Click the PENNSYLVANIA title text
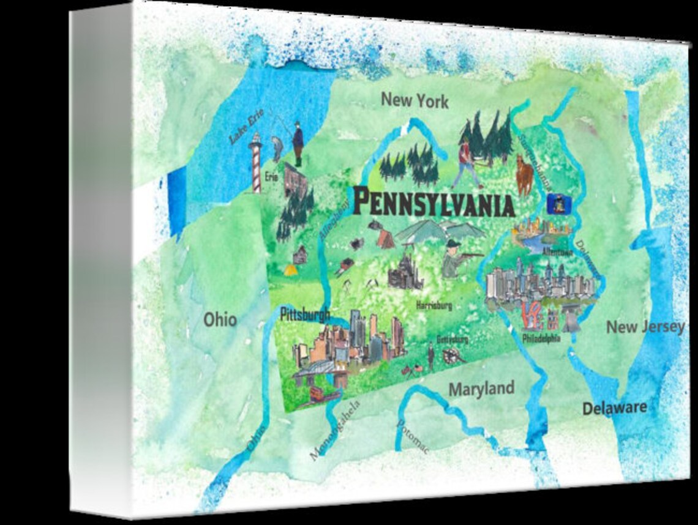tap(433, 203)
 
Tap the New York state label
tap(415, 100)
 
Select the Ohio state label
tap(220, 319)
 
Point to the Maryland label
tap(481, 389)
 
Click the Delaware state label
tap(614, 408)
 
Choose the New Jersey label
tap(645, 327)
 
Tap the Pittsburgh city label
tap(304, 316)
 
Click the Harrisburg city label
tap(433, 305)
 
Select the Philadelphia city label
tap(541, 338)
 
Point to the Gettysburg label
tap(452, 339)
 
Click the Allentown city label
tap(557, 251)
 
